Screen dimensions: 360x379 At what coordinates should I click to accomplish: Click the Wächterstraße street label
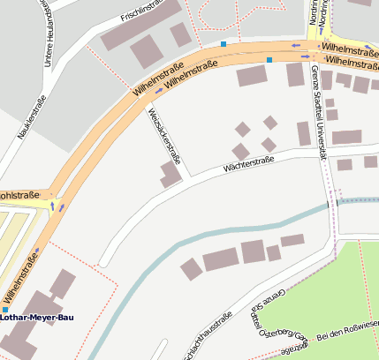click(x=248, y=162)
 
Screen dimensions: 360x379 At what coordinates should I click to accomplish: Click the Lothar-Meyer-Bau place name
click(x=37, y=318)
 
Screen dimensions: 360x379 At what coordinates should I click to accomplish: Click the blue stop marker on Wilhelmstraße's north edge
click(x=224, y=43)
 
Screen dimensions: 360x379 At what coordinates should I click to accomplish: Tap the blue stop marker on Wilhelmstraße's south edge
click(x=269, y=59)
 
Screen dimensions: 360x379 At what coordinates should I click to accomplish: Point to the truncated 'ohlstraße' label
click(x=22, y=196)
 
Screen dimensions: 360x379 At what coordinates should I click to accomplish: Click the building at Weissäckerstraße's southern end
click(x=171, y=174)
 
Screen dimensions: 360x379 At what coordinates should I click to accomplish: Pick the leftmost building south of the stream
click(x=191, y=269)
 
